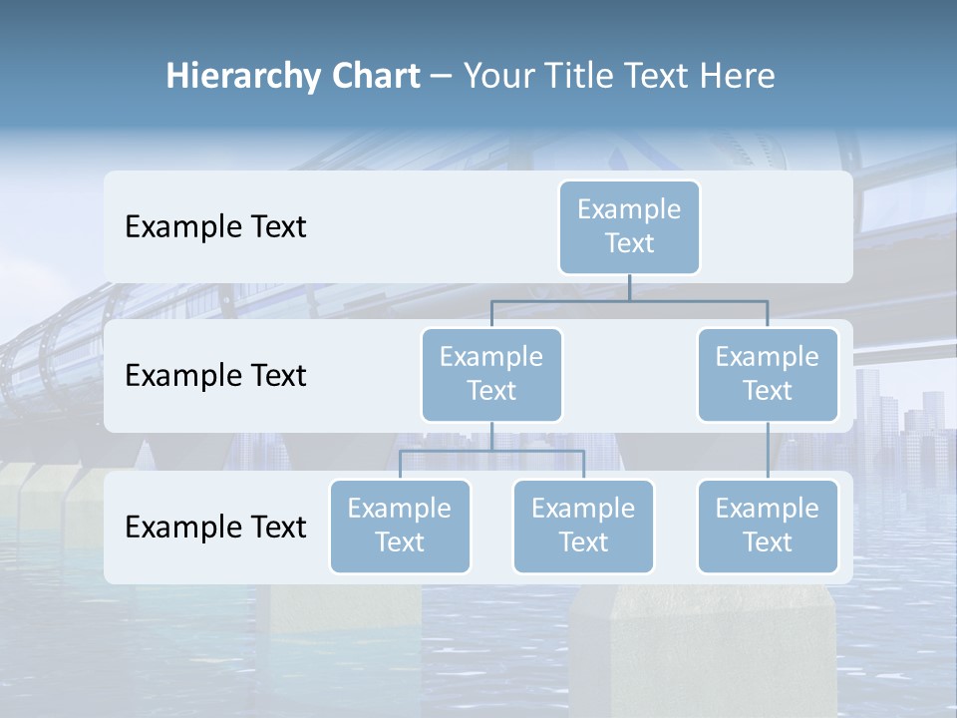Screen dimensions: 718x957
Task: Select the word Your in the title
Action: click(x=497, y=76)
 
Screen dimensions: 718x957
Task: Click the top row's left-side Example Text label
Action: click(x=215, y=226)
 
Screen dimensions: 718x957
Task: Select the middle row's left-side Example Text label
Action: click(x=215, y=375)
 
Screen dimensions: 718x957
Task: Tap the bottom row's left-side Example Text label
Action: click(x=215, y=527)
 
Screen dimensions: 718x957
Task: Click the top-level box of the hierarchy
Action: click(x=629, y=226)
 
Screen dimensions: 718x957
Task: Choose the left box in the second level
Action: click(x=491, y=374)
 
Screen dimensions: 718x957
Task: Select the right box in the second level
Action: click(x=768, y=374)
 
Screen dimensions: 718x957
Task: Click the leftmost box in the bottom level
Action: click(x=400, y=526)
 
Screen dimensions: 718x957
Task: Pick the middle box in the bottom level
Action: click(x=583, y=526)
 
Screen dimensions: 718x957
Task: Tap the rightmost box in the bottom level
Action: click(x=768, y=526)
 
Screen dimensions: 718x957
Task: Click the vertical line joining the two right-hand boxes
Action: click(x=768, y=450)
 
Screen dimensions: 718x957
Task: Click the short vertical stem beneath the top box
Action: click(x=629, y=287)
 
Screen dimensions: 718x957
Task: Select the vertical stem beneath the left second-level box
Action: click(x=491, y=436)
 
